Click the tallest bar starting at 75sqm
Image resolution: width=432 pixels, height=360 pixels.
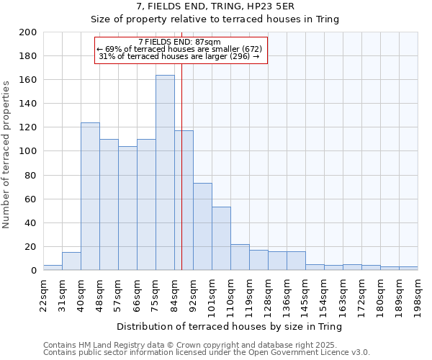coord(165,173)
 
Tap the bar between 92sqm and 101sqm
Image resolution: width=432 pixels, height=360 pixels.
coord(202,227)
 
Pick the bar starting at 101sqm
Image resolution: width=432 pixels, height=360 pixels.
coord(221,238)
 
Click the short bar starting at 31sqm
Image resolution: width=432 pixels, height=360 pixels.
coord(71,261)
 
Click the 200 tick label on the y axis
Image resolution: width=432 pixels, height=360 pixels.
coord(28,32)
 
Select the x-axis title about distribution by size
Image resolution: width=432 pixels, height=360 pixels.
coord(230,327)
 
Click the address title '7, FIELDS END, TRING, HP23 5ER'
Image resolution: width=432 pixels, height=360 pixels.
coord(215,6)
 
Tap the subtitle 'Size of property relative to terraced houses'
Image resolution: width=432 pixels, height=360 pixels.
coord(215,19)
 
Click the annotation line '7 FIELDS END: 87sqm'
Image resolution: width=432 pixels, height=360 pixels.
coord(180,42)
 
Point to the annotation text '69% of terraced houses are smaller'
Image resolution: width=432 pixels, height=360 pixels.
coord(181,49)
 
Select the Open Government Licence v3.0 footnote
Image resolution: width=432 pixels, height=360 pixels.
coord(207,352)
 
